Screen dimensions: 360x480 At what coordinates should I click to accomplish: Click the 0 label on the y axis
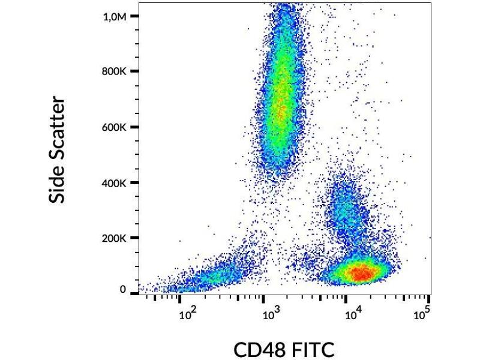point(122,290)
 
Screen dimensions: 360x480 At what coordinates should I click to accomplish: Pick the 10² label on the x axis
point(187,313)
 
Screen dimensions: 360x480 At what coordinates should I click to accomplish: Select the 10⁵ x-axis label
point(422,313)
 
